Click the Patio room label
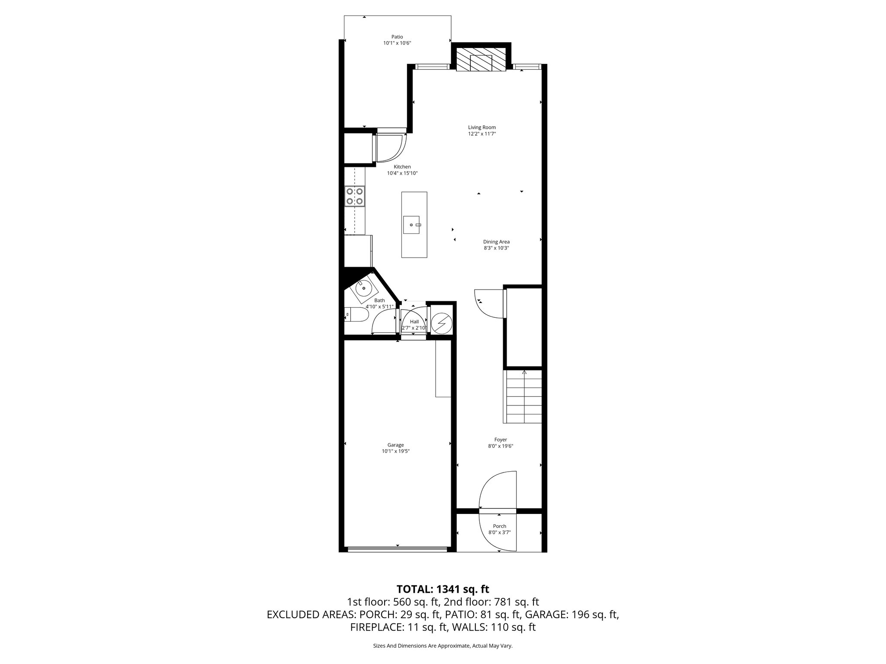pyautogui.click(x=397, y=37)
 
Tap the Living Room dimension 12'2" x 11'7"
pyautogui.click(x=482, y=134)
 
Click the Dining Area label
pyautogui.click(x=496, y=242)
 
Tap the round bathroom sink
pyautogui.click(x=363, y=287)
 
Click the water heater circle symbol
pyautogui.click(x=442, y=324)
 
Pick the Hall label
pyautogui.click(x=414, y=322)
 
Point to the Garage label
pyautogui.click(x=395, y=445)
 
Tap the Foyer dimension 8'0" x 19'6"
pyautogui.click(x=501, y=446)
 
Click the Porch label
pyautogui.click(x=499, y=526)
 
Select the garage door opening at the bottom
pyautogui.click(x=397, y=549)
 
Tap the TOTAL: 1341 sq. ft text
pyautogui.click(x=443, y=589)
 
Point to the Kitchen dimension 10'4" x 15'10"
pyautogui.click(x=402, y=173)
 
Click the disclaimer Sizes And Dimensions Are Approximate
pyautogui.click(x=443, y=646)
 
